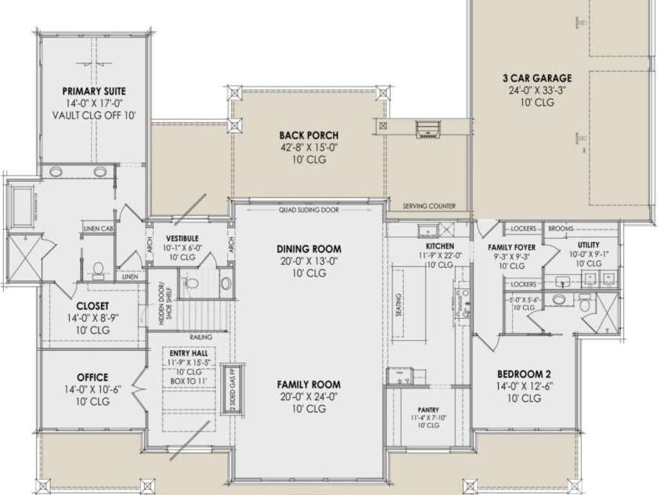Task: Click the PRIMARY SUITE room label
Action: [94, 91]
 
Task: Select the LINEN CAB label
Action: [98, 229]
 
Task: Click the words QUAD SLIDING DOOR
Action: [308, 210]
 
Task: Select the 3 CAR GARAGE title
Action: [536, 78]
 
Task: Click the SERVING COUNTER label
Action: [429, 207]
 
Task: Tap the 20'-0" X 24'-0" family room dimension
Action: [308, 398]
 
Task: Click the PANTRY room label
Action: [427, 410]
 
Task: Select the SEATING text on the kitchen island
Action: [399, 302]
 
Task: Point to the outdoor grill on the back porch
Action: [428, 127]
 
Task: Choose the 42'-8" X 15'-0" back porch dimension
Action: [308, 148]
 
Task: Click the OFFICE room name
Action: [92, 378]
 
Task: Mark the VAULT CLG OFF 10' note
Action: [94, 115]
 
